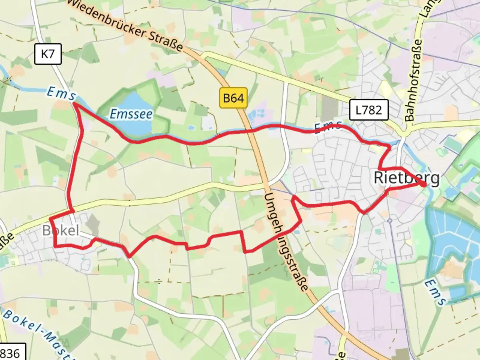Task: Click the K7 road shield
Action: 48,54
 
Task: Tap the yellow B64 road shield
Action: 233,98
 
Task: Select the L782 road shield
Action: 369,109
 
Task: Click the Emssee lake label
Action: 131,114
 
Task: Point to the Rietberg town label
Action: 406,178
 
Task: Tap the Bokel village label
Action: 61,230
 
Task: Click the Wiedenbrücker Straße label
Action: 126,25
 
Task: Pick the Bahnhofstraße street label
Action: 413,80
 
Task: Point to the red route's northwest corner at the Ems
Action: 74,104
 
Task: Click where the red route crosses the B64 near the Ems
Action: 251,131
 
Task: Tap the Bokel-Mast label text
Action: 37,333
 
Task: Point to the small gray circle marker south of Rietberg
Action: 389,221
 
